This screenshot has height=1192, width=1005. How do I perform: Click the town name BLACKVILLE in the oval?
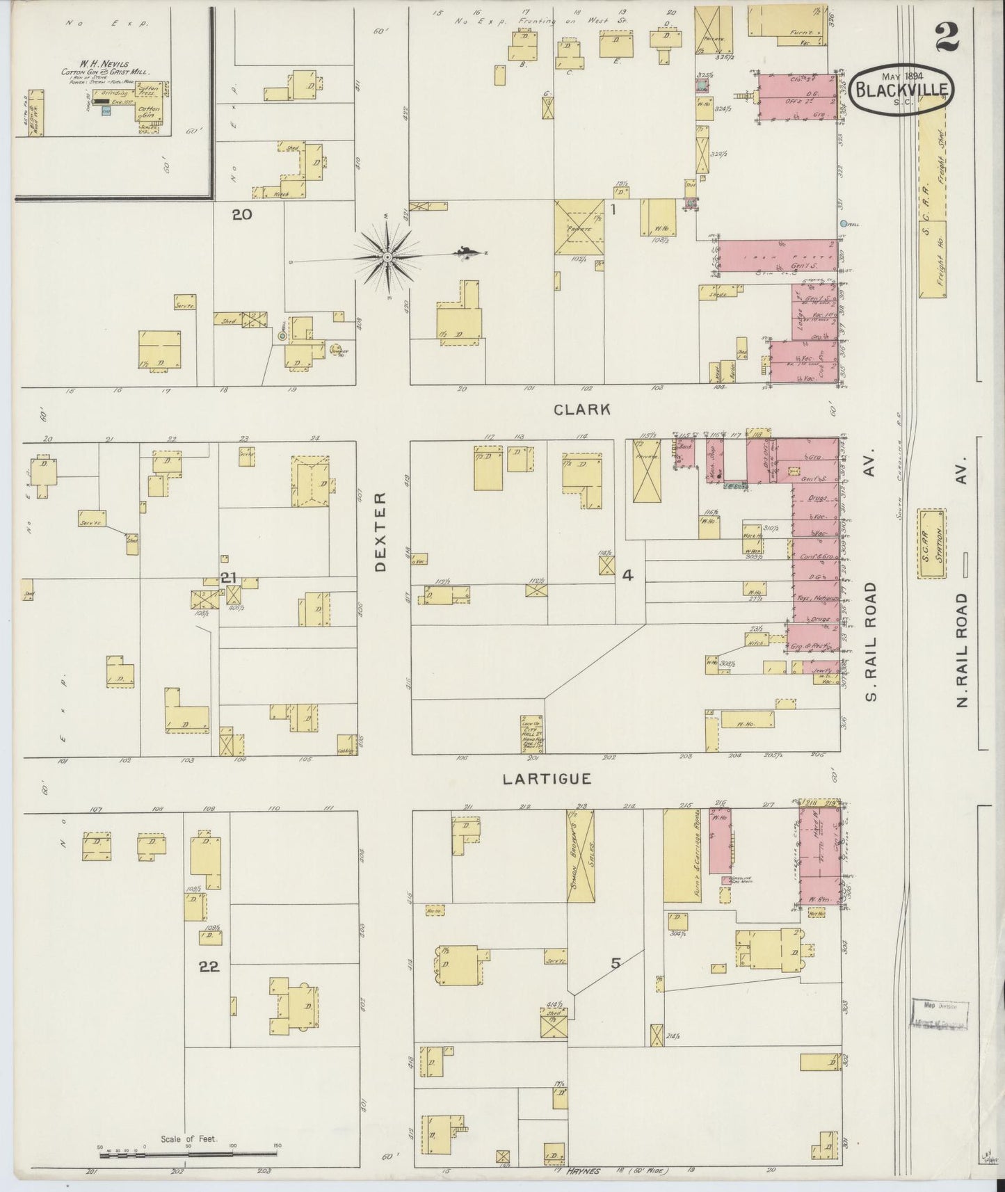pyautogui.click(x=904, y=90)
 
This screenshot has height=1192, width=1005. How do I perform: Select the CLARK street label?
pyautogui.click(x=582, y=410)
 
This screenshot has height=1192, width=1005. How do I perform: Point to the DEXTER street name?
pyautogui.click(x=380, y=532)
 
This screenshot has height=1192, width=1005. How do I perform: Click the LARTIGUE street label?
pyautogui.click(x=547, y=779)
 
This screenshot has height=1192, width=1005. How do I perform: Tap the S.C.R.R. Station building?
pyautogui.click(x=932, y=544)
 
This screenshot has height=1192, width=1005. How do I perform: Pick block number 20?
pyautogui.click(x=241, y=215)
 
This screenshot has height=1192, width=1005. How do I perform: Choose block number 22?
pyautogui.click(x=209, y=967)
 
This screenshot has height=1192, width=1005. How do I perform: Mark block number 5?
pyautogui.click(x=615, y=963)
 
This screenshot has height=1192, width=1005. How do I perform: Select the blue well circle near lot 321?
pyautogui.click(x=844, y=224)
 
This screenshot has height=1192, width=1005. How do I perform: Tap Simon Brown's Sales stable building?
pyautogui.click(x=581, y=857)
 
